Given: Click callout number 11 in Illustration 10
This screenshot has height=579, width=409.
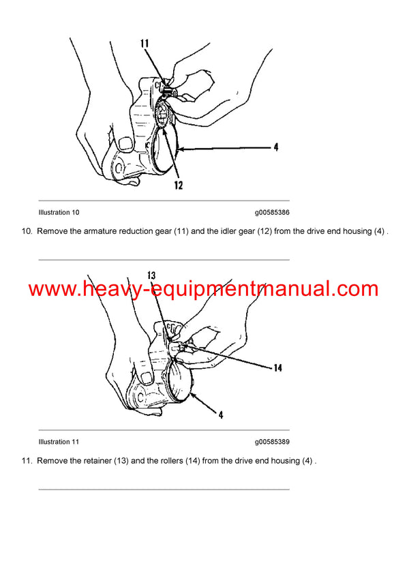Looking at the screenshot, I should (x=145, y=44).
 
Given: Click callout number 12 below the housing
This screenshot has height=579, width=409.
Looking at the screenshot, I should (x=178, y=185).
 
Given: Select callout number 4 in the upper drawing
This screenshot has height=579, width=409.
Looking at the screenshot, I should (x=275, y=147).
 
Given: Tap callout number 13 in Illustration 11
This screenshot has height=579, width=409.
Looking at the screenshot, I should (x=151, y=276).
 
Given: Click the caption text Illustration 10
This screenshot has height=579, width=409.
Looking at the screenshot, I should (x=59, y=212).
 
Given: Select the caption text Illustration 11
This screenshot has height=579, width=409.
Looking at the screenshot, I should (x=59, y=442).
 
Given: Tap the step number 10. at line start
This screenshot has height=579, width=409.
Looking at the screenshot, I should (x=27, y=232).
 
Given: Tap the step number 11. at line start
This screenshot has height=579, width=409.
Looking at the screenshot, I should (x=27, y=461).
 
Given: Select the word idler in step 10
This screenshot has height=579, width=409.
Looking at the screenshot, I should (x=226, y=232).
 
